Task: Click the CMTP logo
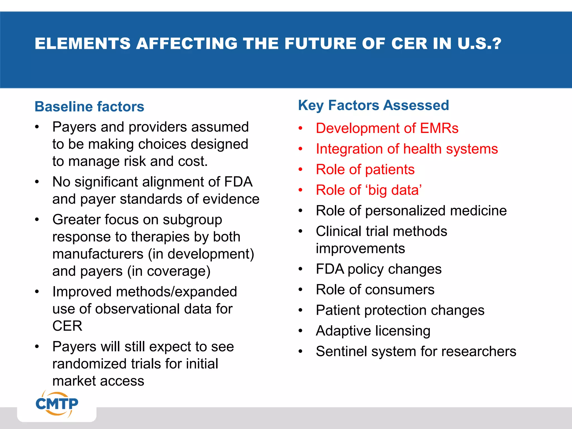point(57,404)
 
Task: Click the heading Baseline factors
point(89,107)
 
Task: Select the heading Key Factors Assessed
point(373,106)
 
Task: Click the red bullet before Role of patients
point(301,170)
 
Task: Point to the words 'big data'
point(394,190)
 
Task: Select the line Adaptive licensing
point(373,331)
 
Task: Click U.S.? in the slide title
point(479,44)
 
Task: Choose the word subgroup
point(192,220)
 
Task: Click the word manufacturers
point(98,254)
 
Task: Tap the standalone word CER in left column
point(67,326)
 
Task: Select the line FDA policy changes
point(378,269)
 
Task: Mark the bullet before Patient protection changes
point(301,310)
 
